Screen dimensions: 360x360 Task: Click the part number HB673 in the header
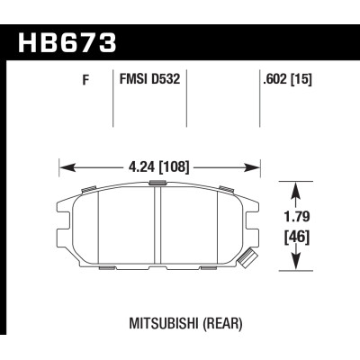tap(67, 42)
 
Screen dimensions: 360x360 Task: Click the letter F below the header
tap(85, 80)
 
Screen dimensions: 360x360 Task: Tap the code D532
tap(166, 79)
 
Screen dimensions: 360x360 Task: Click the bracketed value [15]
tap(301, 79)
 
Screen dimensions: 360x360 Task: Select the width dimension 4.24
tap(140, 166)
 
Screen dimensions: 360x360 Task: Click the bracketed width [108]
tap(174, 166)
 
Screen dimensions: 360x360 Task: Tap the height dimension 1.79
tap(297, 217)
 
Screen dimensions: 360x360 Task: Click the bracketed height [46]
tap(296, 238)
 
